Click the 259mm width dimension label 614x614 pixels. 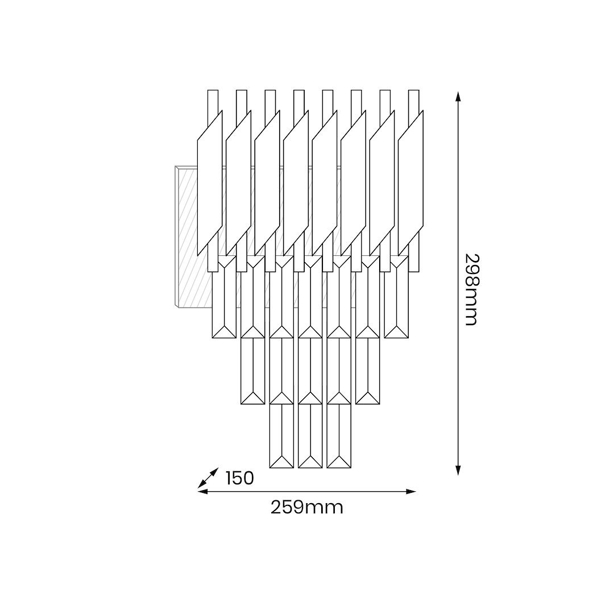coord(306,508)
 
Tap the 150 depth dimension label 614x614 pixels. coord(240,478)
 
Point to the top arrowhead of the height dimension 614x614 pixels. coord(458,96)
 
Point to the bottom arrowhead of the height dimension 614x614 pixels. coord(458,470)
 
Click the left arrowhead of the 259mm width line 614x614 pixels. coord(202,491)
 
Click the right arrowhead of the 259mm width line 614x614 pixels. coord(411,491)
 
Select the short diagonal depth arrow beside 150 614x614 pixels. coord(208,478)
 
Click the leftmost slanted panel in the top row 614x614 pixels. coord(210,183)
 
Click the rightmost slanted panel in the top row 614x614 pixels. coord(411,183)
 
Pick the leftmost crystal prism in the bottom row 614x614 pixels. coord(281,436)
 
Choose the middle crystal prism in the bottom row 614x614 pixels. coord(310,436)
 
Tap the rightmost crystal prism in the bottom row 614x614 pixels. coord(339,436)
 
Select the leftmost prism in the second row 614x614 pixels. coord(224,297)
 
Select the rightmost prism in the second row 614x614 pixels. coord(396,297)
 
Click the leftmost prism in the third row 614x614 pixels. coord(252,371)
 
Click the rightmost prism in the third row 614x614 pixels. coord(368,371)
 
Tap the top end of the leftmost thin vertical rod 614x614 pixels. coord(213,90)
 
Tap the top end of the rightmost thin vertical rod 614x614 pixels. coord(413,90)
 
